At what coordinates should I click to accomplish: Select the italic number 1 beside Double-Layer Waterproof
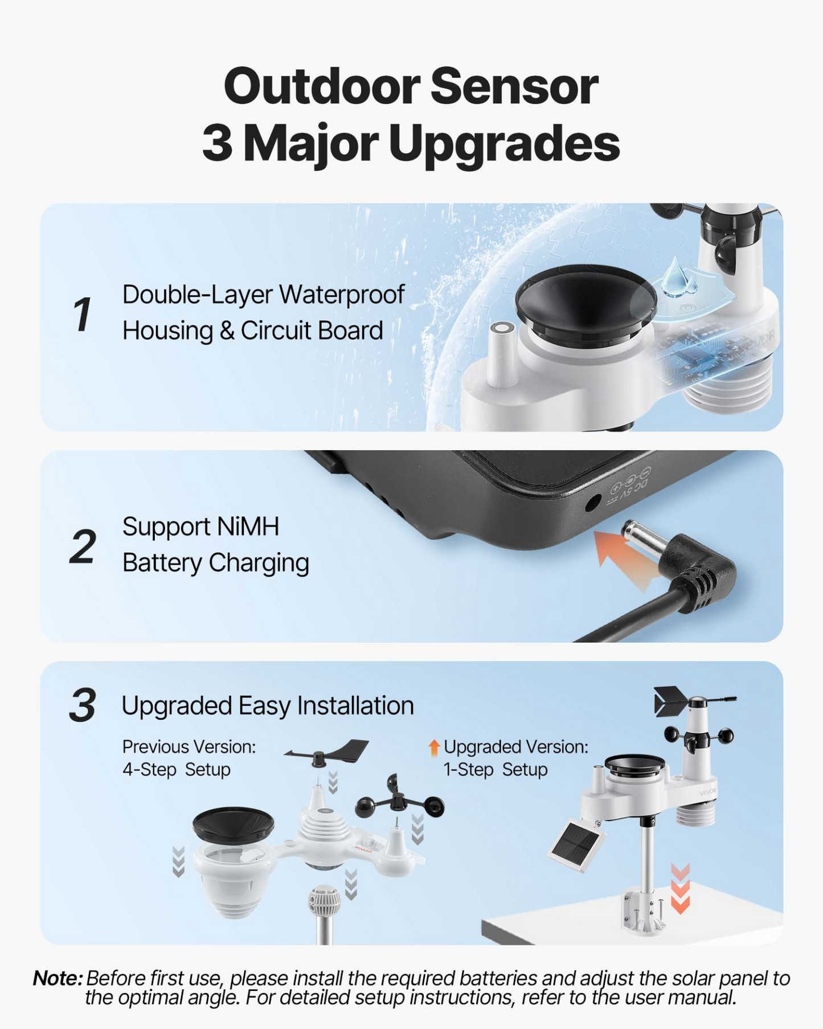click(82, 314)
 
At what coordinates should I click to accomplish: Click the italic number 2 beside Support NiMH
click(83, 546)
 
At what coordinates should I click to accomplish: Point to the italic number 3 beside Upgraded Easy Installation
click(83, 705)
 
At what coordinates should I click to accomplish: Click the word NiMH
click(248, 526)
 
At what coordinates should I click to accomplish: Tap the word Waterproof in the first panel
click(342, 295)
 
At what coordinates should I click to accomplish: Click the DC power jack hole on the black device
click(593, 502)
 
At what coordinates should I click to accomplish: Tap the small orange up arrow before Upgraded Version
click(434, 748)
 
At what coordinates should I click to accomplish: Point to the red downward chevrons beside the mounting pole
click(680, 888)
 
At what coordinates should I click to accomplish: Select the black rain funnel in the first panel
click(586, 302)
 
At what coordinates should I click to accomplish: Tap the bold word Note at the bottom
click(58, 978)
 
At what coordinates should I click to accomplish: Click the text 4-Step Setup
click(177, 769)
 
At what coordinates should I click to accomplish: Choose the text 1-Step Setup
click(496, 769)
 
